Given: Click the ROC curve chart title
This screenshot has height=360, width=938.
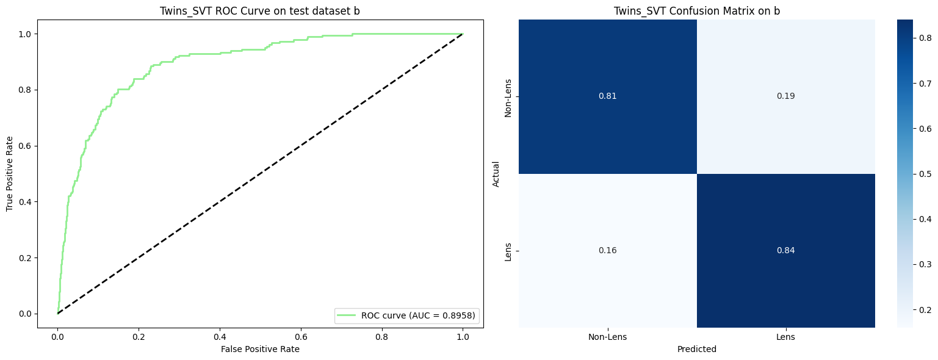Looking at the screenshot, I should pos(260,10).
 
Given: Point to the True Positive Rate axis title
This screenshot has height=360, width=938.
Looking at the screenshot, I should pos(10,174).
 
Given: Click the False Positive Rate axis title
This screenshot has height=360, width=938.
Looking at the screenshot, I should pos(260,349).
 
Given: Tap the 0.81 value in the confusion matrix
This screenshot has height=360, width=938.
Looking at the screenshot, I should pos(607,96).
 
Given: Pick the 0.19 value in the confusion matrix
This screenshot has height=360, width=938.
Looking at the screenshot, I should pos(785,96).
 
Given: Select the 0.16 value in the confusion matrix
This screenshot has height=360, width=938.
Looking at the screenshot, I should pos(607,251).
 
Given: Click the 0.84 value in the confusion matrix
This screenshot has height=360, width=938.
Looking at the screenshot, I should pos(785,251).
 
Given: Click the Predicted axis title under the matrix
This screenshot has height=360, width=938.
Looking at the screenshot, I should pos(696,350).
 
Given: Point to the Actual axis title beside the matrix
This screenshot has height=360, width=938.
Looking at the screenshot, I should pos(496,174).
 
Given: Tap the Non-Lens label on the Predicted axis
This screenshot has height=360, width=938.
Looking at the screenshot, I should pos(607,337).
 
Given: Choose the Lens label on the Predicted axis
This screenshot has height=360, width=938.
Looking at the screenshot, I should pos(785,337).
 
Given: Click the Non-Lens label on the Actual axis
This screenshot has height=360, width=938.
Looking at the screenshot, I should pos(508,96).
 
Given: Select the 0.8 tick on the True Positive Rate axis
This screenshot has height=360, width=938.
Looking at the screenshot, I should pos(43,90).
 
